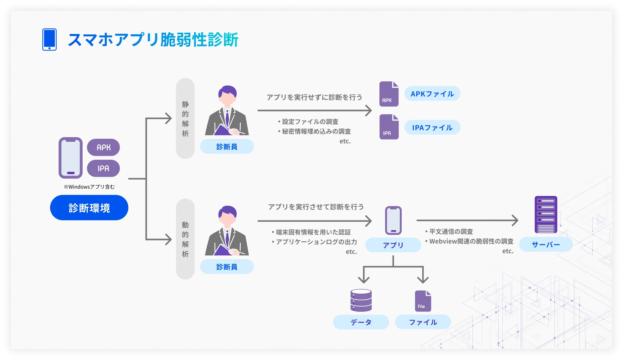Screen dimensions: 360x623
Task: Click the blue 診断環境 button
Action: pyautogui.click(x=89, y=208)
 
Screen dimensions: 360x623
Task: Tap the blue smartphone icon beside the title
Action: pyautogui.click(x=49, y=39)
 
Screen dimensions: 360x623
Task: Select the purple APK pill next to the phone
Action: pyautogui.click(x=103, y=147)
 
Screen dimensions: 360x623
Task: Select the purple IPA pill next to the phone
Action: pyautogui.click(x=103, y=168)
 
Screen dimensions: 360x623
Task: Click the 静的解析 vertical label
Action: pyautogui.click(x=185, y=119)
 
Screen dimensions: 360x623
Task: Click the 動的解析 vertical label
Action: pyautogui.click(x=185, y=239)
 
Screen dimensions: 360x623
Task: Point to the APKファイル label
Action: pyautogui.click(x=432, y=94)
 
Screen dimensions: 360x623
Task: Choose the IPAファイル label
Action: pyautogui.click(x=432, y=127)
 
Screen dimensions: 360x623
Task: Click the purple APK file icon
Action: pyautogui.click(x=389, y=94)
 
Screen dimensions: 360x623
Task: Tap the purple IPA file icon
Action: pyautogui.click(x=389, y=127)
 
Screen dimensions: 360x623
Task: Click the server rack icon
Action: pyautogui.click(x=546, y=214)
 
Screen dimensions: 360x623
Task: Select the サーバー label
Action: pyautogui.click(x=546, y=244)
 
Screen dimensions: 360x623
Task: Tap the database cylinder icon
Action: pyautogui.click(x=361, y=300)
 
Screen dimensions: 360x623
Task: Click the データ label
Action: pyautogui.click(x=361, y=322)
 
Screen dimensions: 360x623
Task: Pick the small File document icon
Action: pyautogui.click(x=423, y=301)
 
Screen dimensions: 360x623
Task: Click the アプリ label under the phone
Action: pyautogui.click(x=393, y=245)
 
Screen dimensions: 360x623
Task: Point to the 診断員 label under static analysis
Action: pyautogui.click(x=227, y=147)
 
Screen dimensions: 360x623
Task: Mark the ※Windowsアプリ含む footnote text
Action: pyautogui.click(x=89, y=187)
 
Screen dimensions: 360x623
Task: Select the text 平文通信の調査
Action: pyautogui.click(x=451, y=232)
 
